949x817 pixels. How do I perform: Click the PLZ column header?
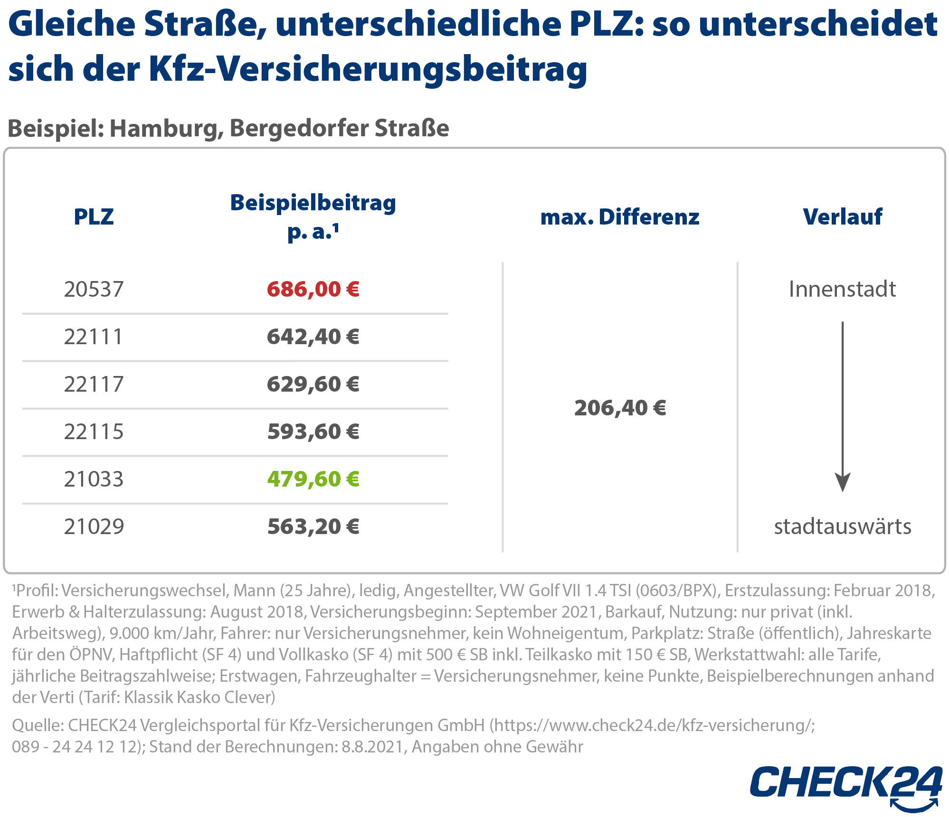94,217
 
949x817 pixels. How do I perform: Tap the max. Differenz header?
620,217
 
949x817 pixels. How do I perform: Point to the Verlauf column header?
843,216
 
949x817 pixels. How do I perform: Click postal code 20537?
94,289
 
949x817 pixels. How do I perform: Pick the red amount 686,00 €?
313,289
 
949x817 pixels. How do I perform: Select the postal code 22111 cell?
94,337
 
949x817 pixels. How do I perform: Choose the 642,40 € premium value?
313,337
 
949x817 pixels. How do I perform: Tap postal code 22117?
94,384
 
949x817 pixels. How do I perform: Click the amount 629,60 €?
313,384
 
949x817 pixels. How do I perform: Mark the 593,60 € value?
313,432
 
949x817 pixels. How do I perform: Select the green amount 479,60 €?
313,479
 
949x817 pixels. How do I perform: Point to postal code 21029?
94,526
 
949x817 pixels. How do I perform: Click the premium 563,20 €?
313,526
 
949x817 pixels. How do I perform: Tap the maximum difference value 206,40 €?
620,408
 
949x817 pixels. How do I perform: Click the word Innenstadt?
842,289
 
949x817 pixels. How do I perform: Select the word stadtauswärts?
843,526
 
